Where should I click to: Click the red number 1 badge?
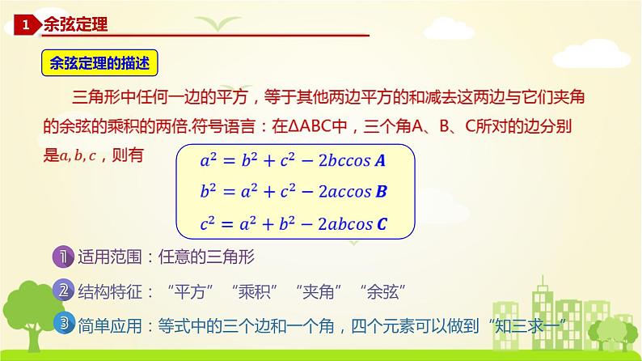(x=26, y=26)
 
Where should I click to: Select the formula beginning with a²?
(x=293, y=160)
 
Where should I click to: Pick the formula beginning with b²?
(x=293, y=193)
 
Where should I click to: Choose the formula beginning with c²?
(x=293, y=224)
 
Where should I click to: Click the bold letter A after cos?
(x=380, y=160)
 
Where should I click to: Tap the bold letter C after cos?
(x=382, y=224)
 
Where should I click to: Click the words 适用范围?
(x=108, y=258)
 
